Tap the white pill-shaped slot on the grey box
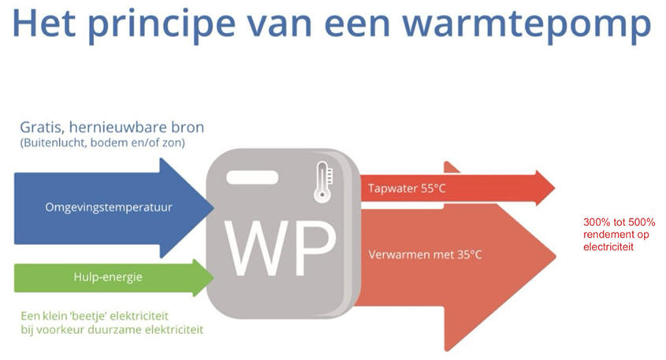pos(247,178)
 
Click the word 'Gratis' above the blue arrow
pos(41,128)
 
